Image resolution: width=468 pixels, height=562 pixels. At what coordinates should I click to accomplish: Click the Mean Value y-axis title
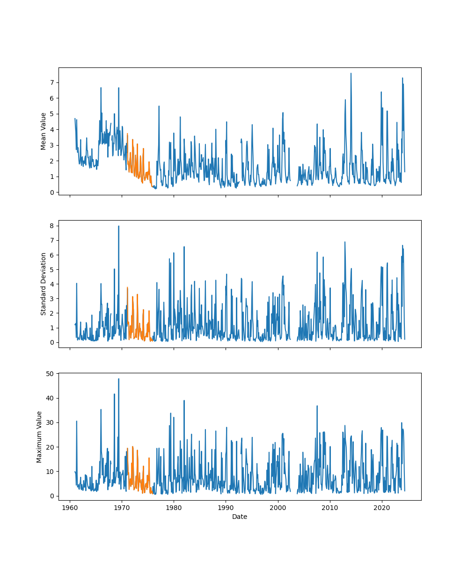[44, 131]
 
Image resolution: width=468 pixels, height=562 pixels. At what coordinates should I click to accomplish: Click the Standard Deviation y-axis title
[44, 284]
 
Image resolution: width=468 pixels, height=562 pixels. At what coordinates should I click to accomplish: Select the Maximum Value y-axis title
[39, 437]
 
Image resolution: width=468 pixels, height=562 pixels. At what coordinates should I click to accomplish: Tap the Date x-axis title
[240, 517]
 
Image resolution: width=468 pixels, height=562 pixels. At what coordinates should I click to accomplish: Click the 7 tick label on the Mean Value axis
[51, 82]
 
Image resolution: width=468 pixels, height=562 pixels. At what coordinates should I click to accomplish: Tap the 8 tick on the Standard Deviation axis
[51, 226]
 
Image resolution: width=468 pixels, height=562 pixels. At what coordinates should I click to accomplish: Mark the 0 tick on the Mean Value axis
[51, 192]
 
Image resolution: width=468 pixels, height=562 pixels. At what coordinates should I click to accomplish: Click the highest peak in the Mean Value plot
[351, 74]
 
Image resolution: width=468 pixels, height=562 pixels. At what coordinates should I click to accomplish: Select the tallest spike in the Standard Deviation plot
[118, 226]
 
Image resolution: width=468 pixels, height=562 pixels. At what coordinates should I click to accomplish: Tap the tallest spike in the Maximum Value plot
[118, 379]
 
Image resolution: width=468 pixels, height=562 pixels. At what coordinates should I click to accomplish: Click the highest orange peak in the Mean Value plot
[127, 134]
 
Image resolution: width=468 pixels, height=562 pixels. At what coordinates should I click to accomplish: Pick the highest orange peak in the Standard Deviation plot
[127, 288]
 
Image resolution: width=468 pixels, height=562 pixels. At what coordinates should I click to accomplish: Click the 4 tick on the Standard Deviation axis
[51, 284]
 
